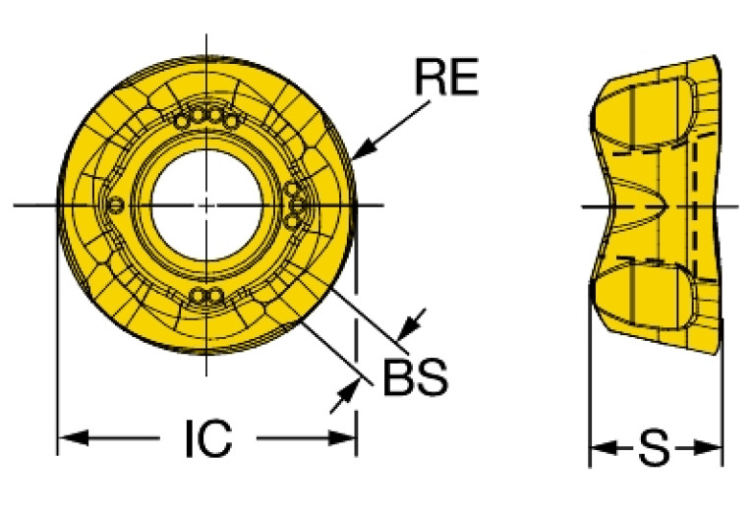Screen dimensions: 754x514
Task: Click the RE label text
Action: (x=446, y=76)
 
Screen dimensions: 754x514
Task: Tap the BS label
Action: (x=416, y=377)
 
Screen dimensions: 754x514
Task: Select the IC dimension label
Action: (x=208, y=438)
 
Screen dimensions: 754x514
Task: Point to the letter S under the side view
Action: (x=654, y=447)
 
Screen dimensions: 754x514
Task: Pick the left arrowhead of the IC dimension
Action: (x=73, y=437)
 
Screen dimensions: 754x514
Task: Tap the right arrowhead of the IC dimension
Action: (x=341, y=437)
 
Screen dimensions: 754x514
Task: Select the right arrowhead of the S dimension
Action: (x=709, y=447)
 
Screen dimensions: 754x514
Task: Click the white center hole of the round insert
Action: (x=206, y=205)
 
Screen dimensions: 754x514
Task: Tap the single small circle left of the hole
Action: (x=116, y=205)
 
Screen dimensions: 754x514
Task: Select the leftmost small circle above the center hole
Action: (x=181, y=121)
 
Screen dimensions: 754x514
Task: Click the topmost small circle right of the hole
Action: (x=291, y=190)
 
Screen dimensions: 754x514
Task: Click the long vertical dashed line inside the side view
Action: (x=695, y=206)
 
